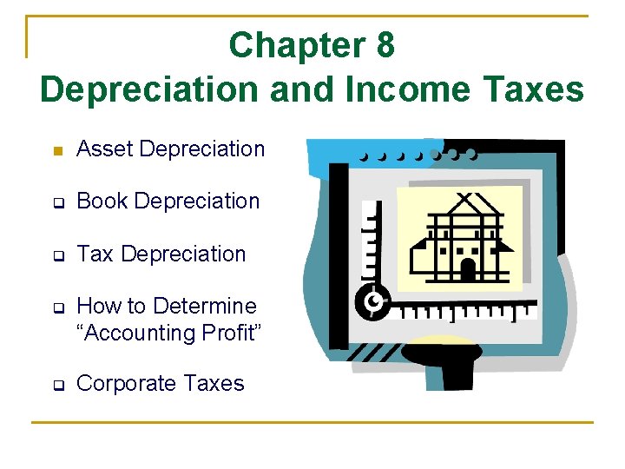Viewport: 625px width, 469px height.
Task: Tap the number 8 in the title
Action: click(385, 46)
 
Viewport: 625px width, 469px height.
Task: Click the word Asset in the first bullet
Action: click(105, 149)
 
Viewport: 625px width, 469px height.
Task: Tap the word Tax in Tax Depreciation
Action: click(95, 254)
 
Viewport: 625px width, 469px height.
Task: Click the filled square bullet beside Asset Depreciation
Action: click(57, 151)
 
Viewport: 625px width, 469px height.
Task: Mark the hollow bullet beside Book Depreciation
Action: click(57, 203)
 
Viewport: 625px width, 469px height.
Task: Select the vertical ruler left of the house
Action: click(372, 243)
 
